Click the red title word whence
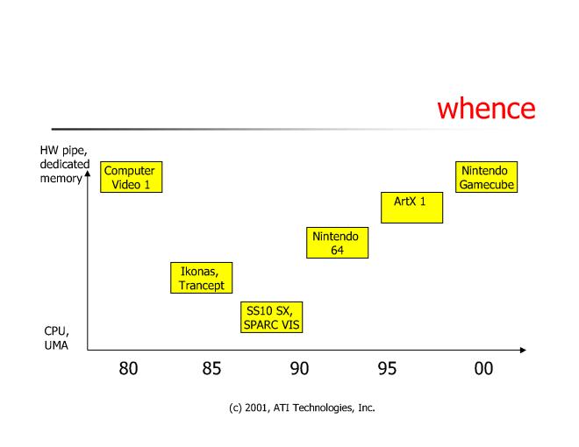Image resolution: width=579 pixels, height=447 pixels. [485, 110]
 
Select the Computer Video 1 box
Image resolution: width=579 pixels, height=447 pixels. [131, 176]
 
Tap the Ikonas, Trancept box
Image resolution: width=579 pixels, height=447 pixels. [202, 278]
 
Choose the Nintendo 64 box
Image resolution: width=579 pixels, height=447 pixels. [337, 243]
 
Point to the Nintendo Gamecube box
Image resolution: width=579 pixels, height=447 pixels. [486, 177]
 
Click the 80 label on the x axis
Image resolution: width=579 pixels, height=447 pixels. [128, 369]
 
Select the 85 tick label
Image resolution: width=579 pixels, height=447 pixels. [211, 369]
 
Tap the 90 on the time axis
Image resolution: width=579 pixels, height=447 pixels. [299, 369]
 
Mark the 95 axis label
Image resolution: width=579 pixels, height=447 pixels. [387, 369]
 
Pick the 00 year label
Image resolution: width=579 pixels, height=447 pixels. [483, 369]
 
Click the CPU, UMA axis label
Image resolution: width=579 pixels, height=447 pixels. [56, 337]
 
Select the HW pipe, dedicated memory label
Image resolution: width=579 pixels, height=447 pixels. [63, 164]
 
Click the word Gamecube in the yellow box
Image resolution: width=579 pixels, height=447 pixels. [486, 184]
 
